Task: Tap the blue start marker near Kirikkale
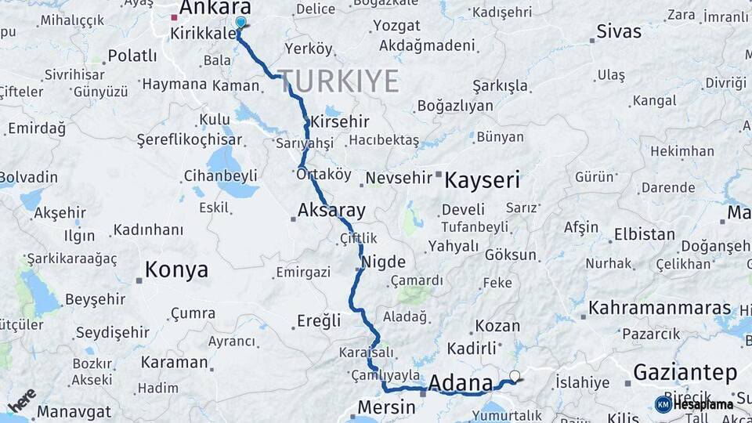240,23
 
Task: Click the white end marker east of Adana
515,376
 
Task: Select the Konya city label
176,271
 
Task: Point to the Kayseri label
482,180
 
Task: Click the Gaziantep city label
684,371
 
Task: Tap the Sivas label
619,32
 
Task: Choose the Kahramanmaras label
660,308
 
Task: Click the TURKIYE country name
338,81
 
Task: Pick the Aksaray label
331,210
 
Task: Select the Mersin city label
386,407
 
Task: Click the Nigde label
384,262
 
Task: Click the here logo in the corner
22,399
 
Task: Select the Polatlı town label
132,56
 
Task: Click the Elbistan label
644,234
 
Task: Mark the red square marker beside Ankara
174,16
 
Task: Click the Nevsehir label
399,178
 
